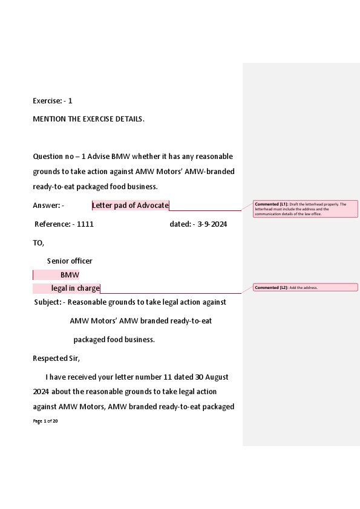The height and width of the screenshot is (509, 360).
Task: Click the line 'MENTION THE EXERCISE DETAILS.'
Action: pyautogui.click(x=88, y=119)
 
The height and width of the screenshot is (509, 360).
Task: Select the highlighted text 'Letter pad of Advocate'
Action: pyautogui.click(x=130, y=206)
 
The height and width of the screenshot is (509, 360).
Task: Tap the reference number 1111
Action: pyautogui.click(x=85, y=224)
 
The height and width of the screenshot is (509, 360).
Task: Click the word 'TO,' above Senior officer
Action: pyautogui.click(x=39, y=243)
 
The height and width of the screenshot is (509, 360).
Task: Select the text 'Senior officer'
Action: pyautogui.click(x=70, y=261)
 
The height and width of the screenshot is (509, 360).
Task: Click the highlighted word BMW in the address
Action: pyautogui.click(x=70, y=275)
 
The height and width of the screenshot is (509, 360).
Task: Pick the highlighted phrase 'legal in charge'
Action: pyautogui.click(x=75, y=288)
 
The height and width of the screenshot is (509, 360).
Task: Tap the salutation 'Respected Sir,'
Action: pyautogui.click(x=56, y=358)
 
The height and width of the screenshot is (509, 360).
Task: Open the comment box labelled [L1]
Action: pyautogui.click(x=306, y=209)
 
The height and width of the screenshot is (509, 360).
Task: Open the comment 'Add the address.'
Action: pyautogui.click(x=306, y=287)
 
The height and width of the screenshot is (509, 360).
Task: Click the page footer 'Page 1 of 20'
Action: pyautogui.click(x=45, y=421)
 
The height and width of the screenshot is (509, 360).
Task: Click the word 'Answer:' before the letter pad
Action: pyautogui.click(x=47, y=206)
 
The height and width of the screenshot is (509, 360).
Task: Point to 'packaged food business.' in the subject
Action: pyautogui.click(x=114, y=340)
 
